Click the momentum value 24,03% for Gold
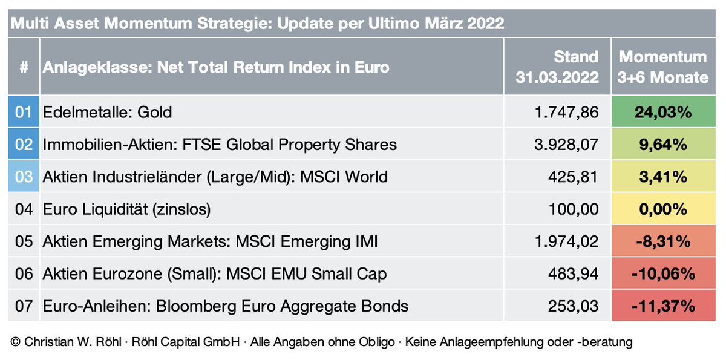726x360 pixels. (x=663, y=111)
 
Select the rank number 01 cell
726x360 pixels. (x=23, y=112)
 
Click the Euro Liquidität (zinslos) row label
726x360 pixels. (x=127, y=209)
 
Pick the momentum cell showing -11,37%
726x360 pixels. (x=663, y=306)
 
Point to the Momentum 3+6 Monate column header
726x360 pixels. (x=663, y=67)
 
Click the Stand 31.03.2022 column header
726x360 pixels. (x=557, y=67)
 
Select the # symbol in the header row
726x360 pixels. (x=24, y=67)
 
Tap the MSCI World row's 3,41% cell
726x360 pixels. (x=663, y=177)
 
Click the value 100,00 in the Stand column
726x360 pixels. (x=576, y=209)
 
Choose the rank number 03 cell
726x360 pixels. (x=23, y=177)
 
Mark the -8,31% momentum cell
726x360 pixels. (x=663, y=241)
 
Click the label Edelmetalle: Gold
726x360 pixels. (x=108, y=112)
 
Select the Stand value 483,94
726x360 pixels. (x=576, y=274)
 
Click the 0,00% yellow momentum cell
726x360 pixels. (x=663, y=209)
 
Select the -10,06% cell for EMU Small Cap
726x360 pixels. (x=663, y=274)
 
